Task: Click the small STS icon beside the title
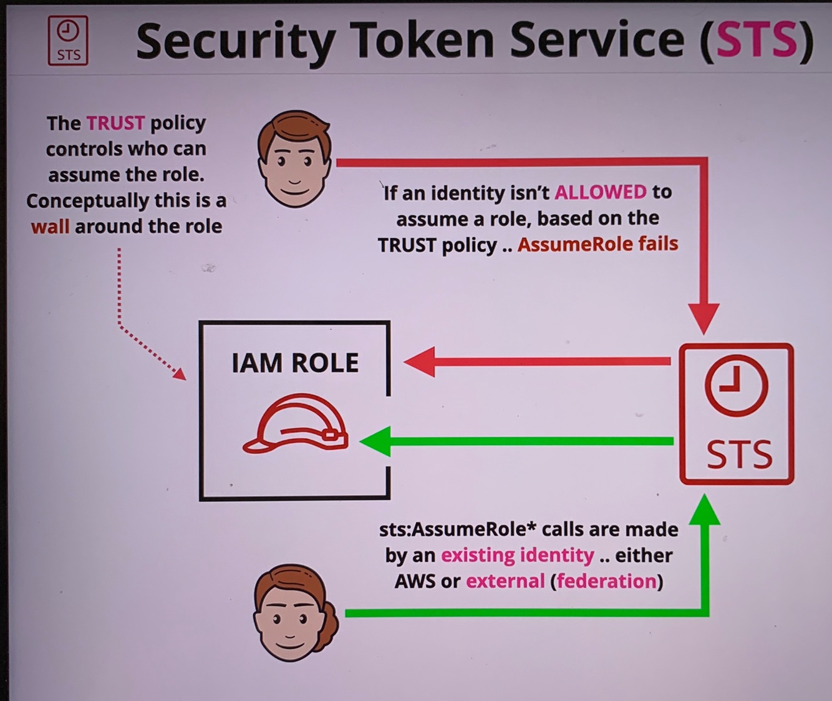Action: (68, 41)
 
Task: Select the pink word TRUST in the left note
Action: (115, 123)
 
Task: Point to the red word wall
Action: (50, 226)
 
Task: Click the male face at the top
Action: (294, 159)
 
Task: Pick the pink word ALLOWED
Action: (600, 192)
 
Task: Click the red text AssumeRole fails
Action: (597, 243)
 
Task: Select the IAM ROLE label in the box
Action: (295, 363)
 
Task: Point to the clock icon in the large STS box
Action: (736, 385)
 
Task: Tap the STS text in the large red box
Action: (739, 454)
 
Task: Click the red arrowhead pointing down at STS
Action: (704, 318)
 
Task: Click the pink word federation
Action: (606, 581)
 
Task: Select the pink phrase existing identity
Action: (517, 555)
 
